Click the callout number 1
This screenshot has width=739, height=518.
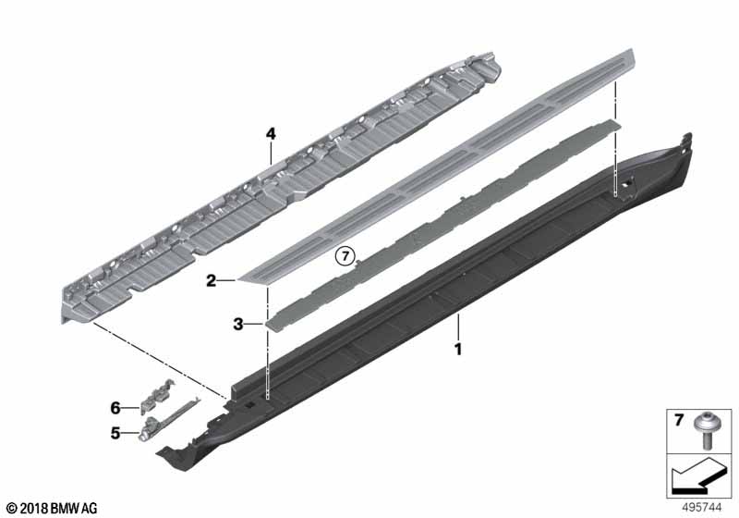(x=455, y=350)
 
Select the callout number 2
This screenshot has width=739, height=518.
(x=212, y=279)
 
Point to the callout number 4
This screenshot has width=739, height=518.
(x=271, y=134)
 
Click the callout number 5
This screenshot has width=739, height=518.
(x=116, y=431)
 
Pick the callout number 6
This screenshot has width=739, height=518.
(x=116, y=407)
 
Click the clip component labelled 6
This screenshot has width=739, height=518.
(x=153, y=401)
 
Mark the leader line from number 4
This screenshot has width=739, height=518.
(x=271, y=152)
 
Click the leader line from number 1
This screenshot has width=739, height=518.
(x=456, y=329)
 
